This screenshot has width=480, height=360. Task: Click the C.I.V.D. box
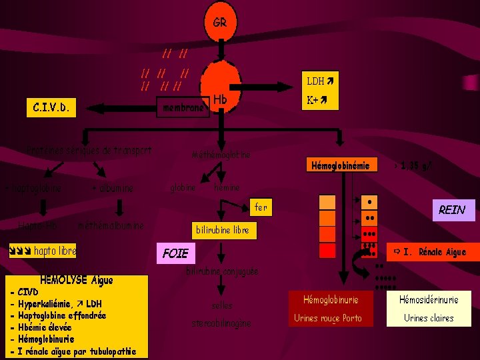(x=51, y=106)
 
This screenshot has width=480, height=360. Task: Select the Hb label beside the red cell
(x=221, y=99)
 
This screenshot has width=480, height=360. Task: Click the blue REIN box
(x=452, y=210)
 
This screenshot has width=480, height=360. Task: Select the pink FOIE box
(x=176, y=253)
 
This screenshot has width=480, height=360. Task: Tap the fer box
(x=261, y=207)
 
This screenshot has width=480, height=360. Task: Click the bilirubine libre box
(x=223, y=230)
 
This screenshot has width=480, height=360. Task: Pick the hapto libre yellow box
(x=41, y=251)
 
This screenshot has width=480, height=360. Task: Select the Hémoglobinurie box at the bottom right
(x=331, y=300)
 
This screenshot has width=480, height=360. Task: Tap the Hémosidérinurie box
(x=429, y=300)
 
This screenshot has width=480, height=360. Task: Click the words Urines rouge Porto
(x=327, y=318)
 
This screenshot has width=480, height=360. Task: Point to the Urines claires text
(x=429, y=318)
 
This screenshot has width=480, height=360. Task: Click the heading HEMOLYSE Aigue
(x=77, y=280)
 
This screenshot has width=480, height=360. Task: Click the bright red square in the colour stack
(x=327, y=250)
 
